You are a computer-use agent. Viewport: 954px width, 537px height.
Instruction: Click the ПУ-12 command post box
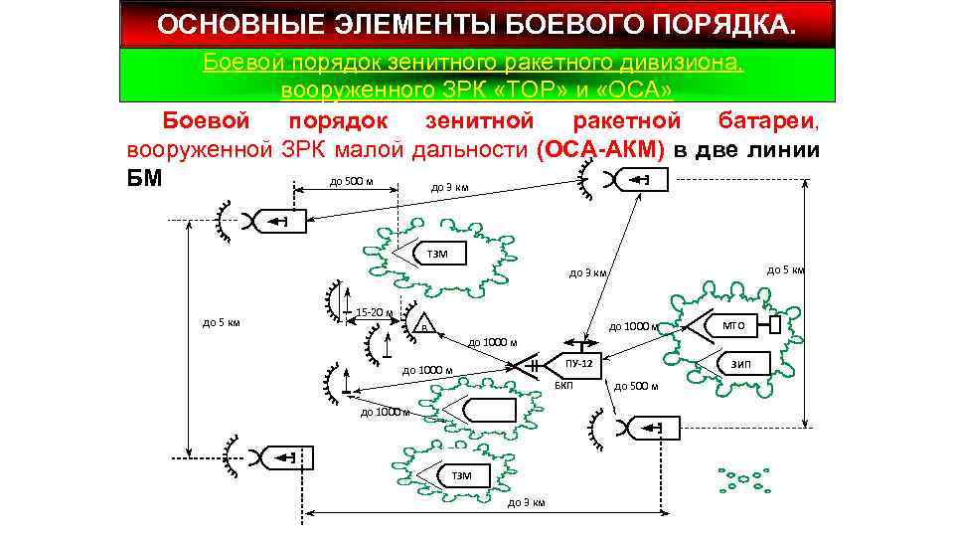(x=585, y=364)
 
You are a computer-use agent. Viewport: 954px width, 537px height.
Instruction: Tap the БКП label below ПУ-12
(x=562, y=385)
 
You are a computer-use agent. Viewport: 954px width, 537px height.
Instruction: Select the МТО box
(x=733, y=325)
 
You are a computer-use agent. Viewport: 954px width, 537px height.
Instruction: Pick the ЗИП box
(x=741, y=364)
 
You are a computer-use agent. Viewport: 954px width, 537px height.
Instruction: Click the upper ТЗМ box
(x=437, y=255)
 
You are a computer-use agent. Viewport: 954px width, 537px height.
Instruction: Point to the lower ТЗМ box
(x=462, y=475)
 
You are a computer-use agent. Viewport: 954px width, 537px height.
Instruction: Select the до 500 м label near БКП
(x=636, y=386)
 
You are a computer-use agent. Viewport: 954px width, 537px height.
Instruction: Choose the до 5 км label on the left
(x=222, y=321)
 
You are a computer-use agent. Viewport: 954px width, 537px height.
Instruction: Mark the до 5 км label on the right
(x=784, y=268)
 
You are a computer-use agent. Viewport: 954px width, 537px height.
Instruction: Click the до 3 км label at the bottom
(x=526, y=502)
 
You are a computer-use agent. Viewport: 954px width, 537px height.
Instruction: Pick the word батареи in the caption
(x=766, y=121)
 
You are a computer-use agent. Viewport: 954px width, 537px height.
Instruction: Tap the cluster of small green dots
(x=746, y=478)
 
